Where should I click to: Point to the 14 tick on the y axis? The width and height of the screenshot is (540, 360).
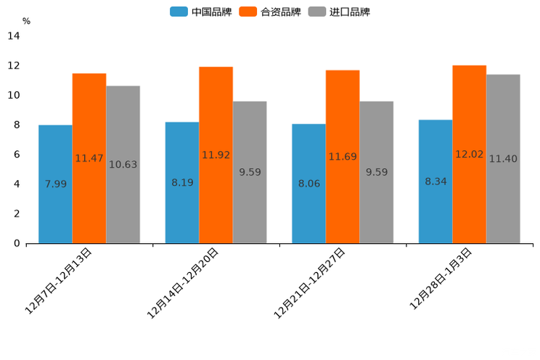13,36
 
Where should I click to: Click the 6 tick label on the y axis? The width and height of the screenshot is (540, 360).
16,155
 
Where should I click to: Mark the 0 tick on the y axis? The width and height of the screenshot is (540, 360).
16,243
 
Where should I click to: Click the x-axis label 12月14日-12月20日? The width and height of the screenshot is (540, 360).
182,283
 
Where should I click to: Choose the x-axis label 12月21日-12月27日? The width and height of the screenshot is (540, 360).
309,283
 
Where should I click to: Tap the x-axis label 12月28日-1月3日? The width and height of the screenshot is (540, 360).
441,279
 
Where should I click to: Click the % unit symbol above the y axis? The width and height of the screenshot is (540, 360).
26,21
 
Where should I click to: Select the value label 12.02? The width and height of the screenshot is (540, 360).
469,154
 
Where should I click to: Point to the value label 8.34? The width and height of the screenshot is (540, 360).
435,181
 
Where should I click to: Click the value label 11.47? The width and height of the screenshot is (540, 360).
89,158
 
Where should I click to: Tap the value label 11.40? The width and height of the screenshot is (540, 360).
503,159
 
